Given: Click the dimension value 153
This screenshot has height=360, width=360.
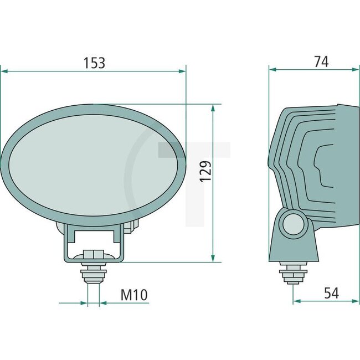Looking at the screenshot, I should click(x=94, y=63).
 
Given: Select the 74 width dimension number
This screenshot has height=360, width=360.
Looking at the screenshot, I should click(x=321, y=61).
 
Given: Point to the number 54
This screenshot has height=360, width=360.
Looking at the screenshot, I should click(x=331, y=294).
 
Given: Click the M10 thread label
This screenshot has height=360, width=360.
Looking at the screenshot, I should click(x=135, y=295).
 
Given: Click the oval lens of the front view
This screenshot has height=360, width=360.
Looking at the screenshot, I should click(x=93, y=165).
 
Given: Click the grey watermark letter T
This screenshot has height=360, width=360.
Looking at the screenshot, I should click(x=194, y=166).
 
